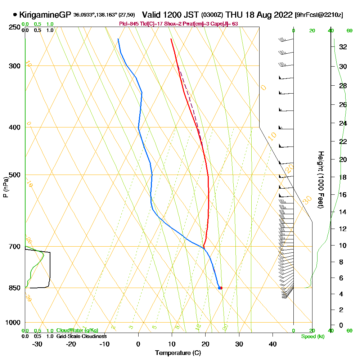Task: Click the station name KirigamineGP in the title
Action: [45, 15]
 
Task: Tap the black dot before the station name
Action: [15, 15]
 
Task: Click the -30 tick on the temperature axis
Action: [37, 344]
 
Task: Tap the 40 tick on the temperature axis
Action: [273, 344]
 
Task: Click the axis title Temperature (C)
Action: [178, 353]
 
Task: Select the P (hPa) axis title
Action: [5, 187]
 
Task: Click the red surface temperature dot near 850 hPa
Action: [221, 288]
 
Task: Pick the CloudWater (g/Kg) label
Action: [77, 330]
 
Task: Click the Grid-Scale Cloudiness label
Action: [81, 336]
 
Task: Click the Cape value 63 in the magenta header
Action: [234, 24]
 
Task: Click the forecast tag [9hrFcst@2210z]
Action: [319, 15]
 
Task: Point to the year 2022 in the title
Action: [283, 15]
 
